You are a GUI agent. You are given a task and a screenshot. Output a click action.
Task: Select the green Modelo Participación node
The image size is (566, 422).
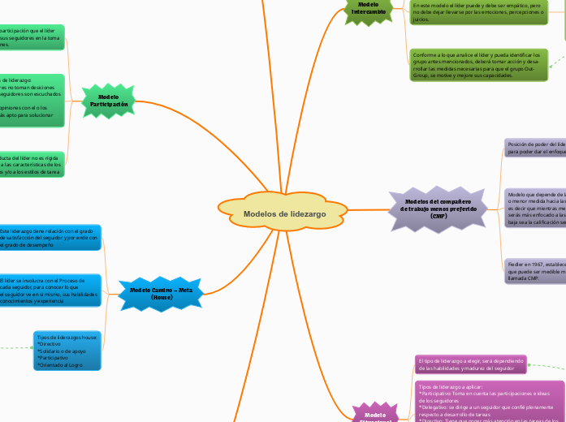coord(109,101)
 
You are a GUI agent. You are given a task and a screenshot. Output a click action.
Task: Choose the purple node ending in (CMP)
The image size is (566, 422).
coord(439,209)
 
